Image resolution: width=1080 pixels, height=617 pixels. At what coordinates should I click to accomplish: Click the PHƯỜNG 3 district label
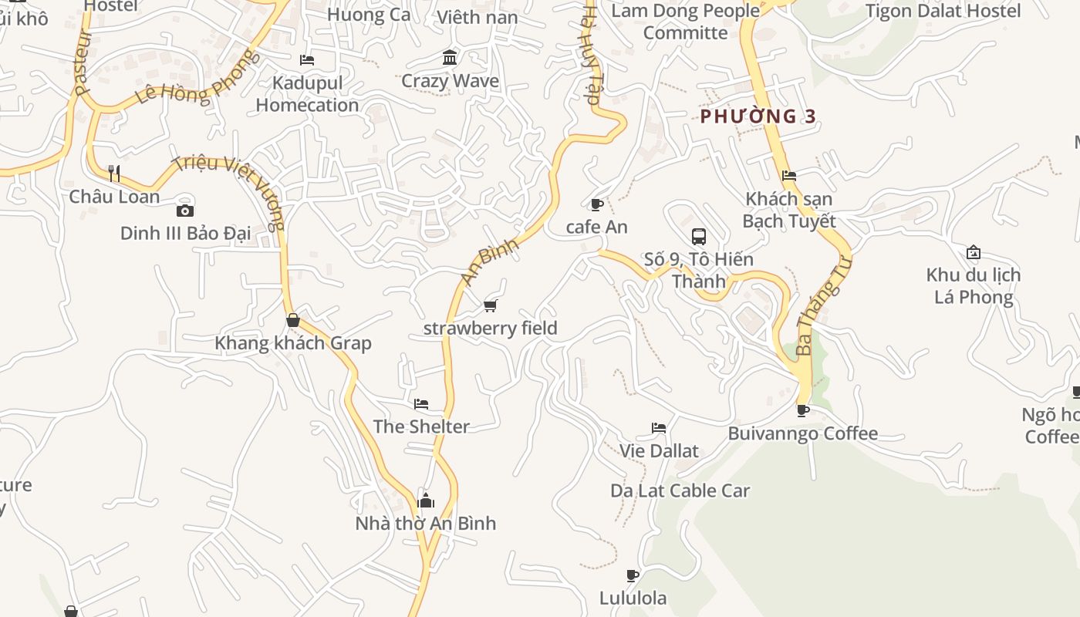[x=758, y=116]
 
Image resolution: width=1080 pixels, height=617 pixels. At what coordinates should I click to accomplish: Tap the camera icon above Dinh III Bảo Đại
[x=185, y=211]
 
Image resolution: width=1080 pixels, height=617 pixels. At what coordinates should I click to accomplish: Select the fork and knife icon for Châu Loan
[x=114, y=173]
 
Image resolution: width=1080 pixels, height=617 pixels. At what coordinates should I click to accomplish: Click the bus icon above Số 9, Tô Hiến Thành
[x=699, y=237]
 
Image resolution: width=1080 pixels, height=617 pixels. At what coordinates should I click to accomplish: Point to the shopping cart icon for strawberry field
[x=490, y=306]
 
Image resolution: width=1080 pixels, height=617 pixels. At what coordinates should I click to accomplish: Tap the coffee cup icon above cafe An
[x=596, y=204]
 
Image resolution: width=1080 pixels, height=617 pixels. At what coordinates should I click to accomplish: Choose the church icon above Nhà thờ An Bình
[x=426, y=501]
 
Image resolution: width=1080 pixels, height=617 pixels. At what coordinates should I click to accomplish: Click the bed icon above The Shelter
[x=421, y=403]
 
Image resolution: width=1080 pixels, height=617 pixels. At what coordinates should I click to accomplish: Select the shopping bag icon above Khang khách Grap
[x=293, y=320]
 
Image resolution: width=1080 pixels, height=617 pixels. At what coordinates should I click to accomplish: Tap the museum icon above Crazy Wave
[x=450, y=58]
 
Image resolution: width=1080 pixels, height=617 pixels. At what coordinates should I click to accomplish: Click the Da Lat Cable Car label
[x=680, y=491]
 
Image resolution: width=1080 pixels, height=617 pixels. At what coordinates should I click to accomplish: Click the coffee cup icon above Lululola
[x=633, y=575]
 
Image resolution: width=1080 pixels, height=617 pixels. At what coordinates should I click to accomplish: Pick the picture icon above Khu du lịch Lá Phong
[x=974, y=252]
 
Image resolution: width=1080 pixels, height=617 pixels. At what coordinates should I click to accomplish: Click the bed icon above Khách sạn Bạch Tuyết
[x=788, y=176]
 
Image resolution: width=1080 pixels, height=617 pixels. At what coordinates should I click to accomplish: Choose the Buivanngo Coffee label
[x=803, y=433]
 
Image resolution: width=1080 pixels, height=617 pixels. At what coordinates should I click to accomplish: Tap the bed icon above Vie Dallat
[x=659, y=428]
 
